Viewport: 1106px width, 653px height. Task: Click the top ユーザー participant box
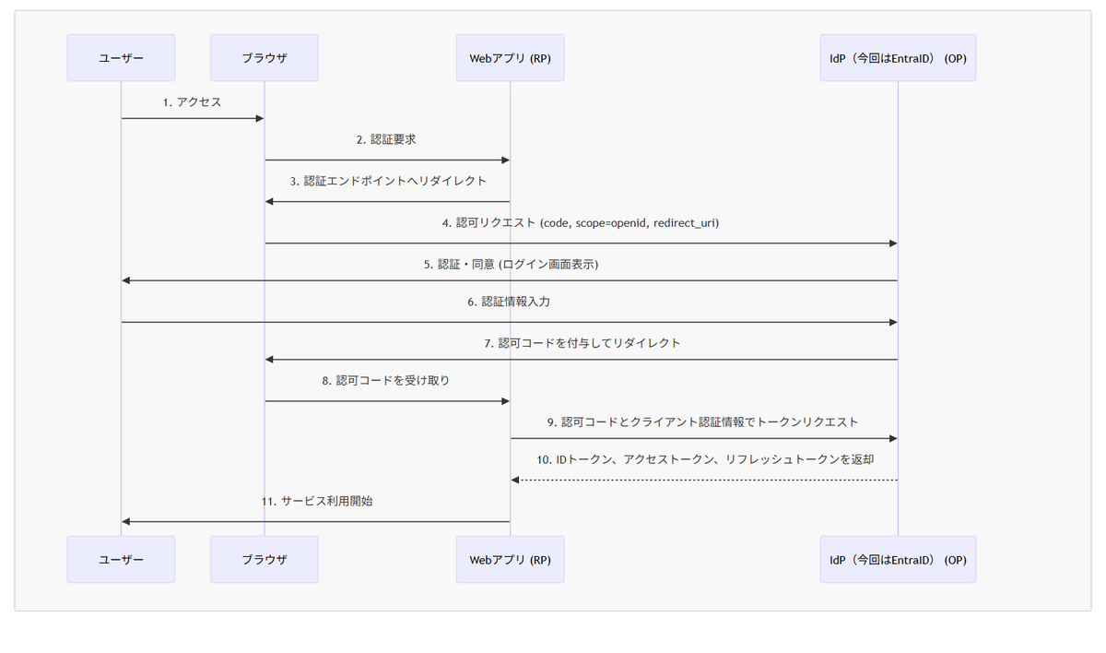[x=121, y=58]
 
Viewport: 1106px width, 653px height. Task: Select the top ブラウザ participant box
[x=265, y=58]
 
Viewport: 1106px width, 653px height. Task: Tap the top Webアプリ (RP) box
[x=510, y=58]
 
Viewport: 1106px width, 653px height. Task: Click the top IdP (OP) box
[x=898, y=58]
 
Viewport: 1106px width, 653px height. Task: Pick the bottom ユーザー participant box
[x=121, y=559]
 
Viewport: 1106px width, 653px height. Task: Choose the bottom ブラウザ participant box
[x=265, y=559]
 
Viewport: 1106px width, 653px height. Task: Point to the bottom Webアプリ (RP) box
[x=510, y=559]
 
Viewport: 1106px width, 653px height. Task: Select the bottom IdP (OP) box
[x=898, y=559]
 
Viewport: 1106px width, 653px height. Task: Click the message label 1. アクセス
[x=192, y=102]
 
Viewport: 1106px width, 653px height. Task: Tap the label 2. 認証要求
[x=387, y=140]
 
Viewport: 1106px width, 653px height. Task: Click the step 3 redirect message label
[x=387, y=182]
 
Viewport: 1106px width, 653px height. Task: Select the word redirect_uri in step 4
[x=686, y=223]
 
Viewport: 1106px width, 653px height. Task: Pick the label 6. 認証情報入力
[x=509, y=302]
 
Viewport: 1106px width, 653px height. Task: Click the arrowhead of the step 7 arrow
[x=269, y=360]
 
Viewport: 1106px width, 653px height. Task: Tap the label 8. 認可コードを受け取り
[x=386, y=380]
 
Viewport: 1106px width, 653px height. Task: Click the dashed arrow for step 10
[x=704, y=480]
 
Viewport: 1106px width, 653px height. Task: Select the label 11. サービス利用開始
[x=315, y=502]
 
